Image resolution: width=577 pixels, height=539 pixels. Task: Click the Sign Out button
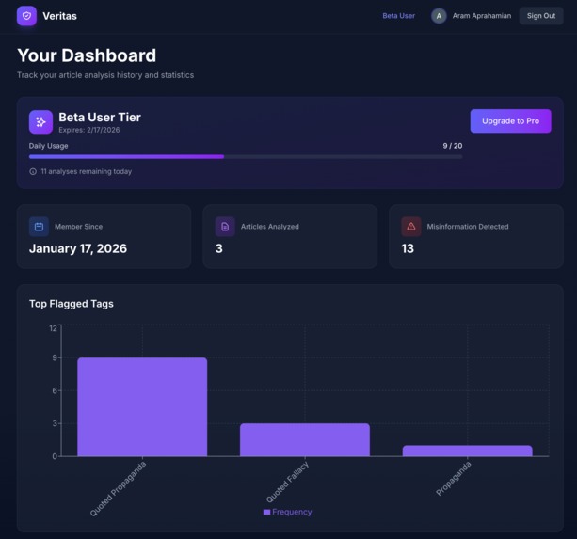tap(540, 16)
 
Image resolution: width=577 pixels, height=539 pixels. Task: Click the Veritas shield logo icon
tap(26, 16)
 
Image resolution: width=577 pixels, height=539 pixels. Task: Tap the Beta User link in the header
tap(398, 16)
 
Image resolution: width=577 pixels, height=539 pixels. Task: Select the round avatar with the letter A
tap(439, 16)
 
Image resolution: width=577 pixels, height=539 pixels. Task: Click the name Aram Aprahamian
tap(482, 16)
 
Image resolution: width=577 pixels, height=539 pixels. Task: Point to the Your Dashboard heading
tap(87, 55)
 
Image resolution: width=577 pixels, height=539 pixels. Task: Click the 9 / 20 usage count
tap(452, 146)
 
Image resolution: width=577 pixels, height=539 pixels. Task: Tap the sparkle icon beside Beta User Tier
tap(40, 121)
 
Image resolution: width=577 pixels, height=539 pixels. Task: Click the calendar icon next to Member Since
tap(39, 227)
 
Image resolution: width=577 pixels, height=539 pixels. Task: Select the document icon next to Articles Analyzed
tap(225, 227)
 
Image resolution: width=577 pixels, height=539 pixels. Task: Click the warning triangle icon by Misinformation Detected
tap(411, 227)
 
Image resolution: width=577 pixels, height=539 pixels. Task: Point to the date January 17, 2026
tap(78, 248)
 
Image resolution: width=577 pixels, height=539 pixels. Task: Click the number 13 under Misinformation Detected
tap(408, 248)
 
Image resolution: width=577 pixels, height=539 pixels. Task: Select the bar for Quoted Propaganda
tap(142, 406)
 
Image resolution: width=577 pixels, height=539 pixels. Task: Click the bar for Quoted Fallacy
tap(304, 439)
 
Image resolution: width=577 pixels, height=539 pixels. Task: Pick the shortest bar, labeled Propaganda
tap(467, 451)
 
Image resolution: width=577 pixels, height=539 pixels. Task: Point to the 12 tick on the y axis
tap(53, 327)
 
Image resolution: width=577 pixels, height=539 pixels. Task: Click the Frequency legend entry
tap(287, 512)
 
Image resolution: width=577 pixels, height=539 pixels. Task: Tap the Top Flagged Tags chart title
tap(72, 304)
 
